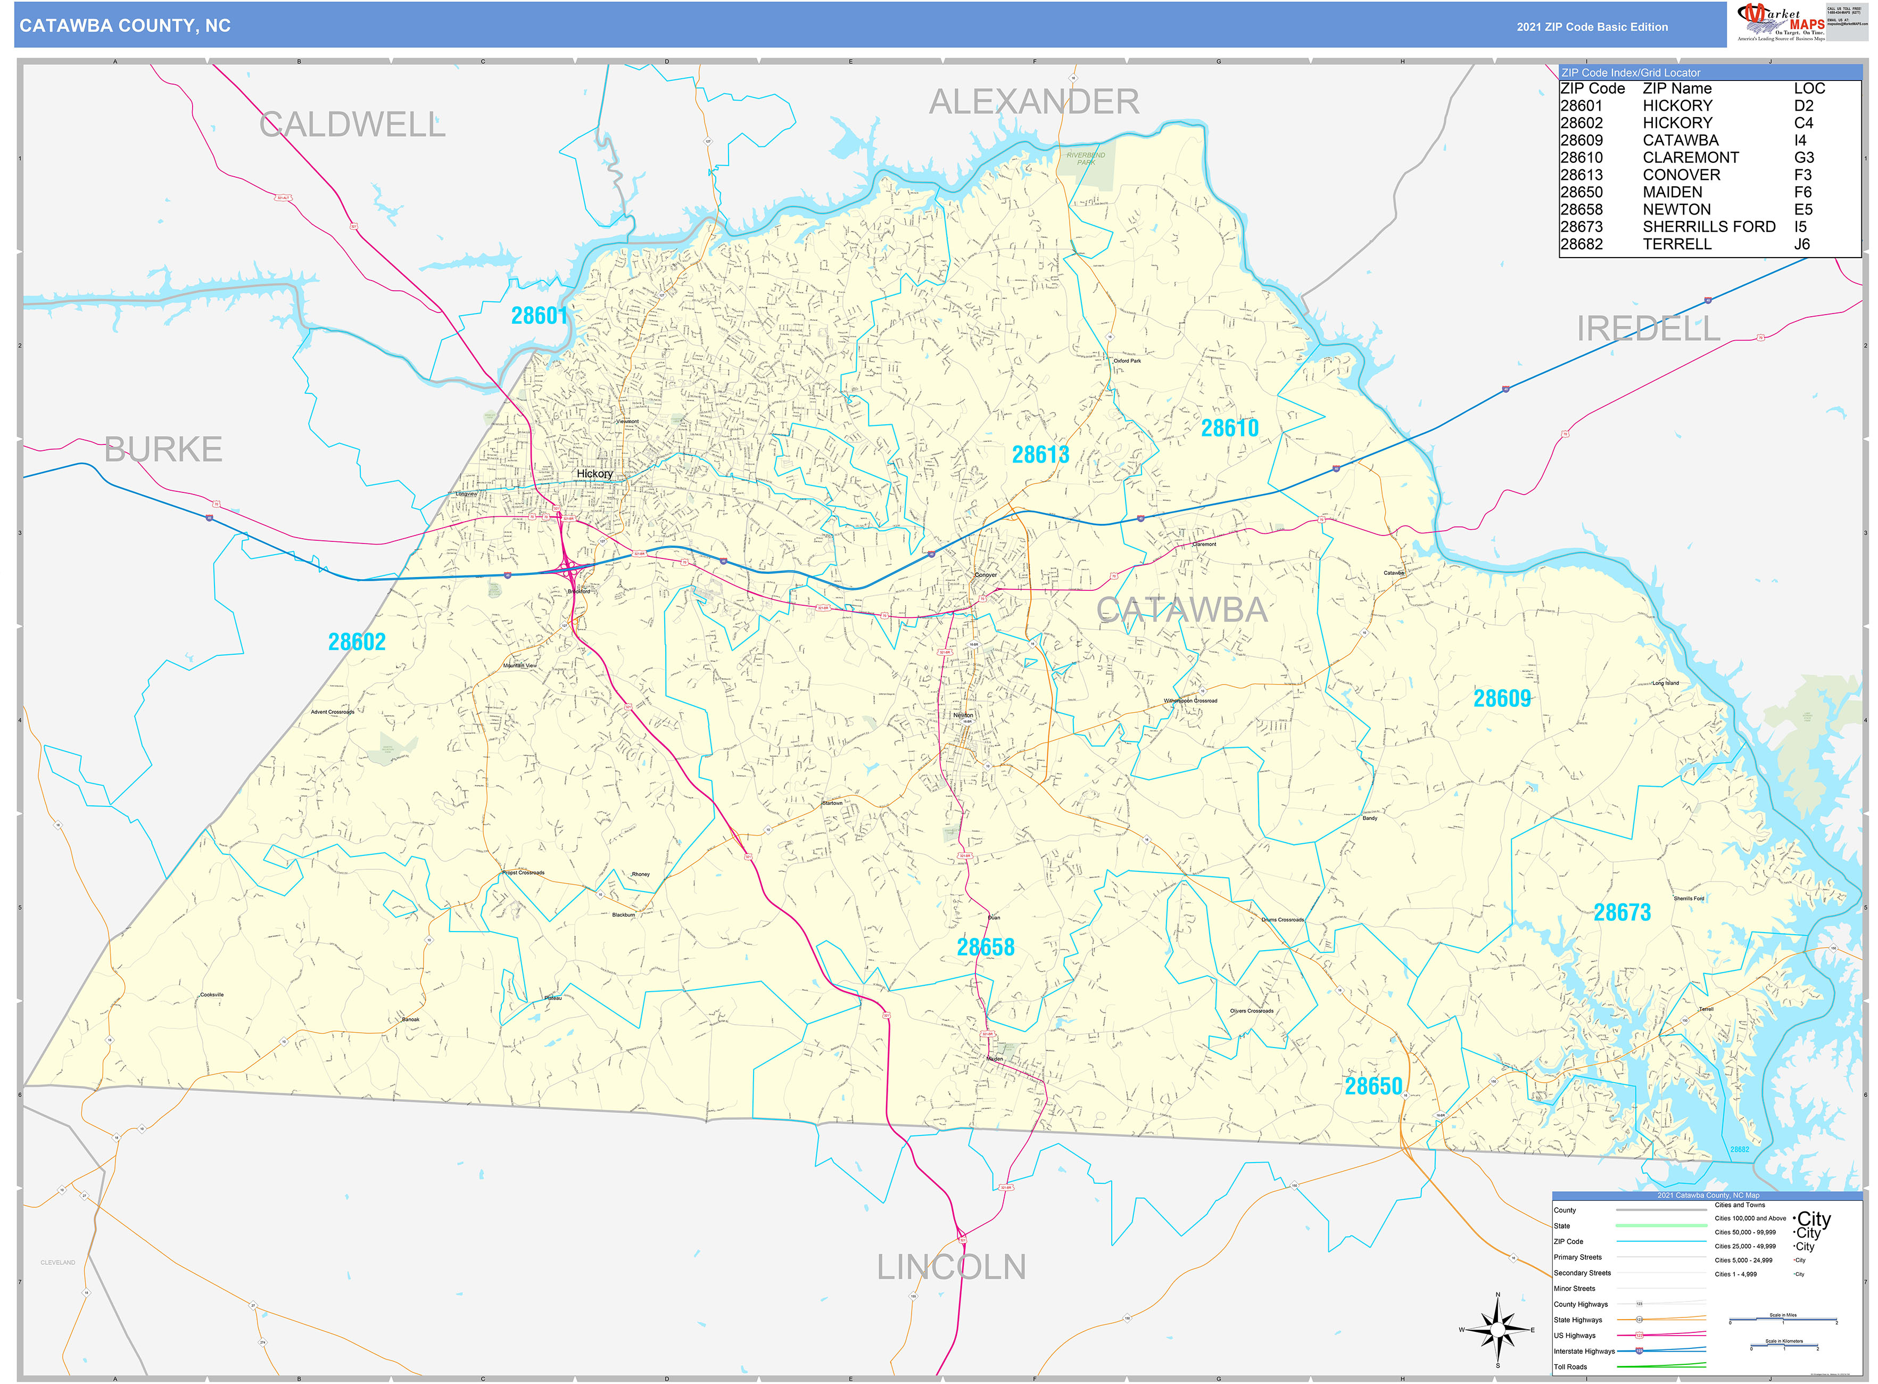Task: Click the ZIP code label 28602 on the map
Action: coord(357,642)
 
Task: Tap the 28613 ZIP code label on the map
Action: coord(1040,455)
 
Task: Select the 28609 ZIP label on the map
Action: coord(1502,699)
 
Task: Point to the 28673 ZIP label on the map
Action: coord(1621,913)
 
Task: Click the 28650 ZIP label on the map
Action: coord(1373,1086)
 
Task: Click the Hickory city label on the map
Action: coord(595,474)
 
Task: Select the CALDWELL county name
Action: coord(352,125)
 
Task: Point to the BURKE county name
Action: coord(163,450)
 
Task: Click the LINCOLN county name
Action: coord(951,1267)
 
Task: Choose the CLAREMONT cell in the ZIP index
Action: coord(1690,158)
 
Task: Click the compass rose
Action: coord(1498,1330)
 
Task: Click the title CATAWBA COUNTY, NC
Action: coord(125,26)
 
